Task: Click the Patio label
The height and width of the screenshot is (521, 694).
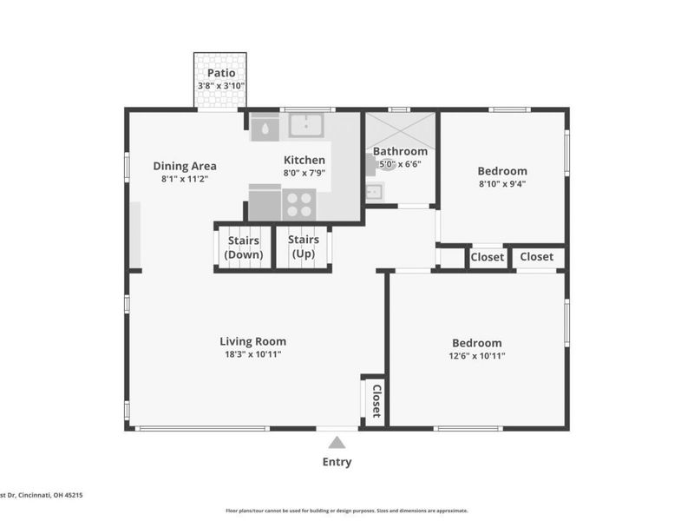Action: click(x=221, y=73)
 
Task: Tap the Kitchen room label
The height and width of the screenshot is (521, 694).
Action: click(x=304, y=160)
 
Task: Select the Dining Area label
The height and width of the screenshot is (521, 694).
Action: click(x=185, y=166)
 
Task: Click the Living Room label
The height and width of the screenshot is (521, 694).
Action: click(x=252, y=341)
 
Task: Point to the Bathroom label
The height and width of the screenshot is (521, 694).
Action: click(x=400, y=151)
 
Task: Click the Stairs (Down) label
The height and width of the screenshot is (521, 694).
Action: click(x=244, y=247)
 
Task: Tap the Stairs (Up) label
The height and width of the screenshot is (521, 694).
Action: click(x=304, y=247)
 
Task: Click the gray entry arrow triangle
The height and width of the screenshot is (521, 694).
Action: click(x=337, y=442)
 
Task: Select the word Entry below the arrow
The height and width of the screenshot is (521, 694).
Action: click(x=337, y=462)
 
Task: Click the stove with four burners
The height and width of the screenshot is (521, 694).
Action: click(x=299, y=205)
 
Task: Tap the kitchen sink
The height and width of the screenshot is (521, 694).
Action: click(x=306, y=125)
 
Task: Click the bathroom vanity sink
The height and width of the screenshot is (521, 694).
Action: click(x=375, y=192)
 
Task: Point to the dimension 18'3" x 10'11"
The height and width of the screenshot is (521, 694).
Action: click(x=252, y=354)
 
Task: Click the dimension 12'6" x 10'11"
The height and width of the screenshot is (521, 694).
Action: click(x=476, y=356)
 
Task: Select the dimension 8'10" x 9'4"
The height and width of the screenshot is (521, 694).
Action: click(x=502, y=184)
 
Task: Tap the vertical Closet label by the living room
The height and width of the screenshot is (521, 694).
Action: click(x=376, y=401)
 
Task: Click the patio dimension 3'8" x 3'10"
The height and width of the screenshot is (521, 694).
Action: click(x=221, y=86)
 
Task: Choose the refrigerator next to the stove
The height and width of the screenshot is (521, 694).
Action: click(x=265, y=202)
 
